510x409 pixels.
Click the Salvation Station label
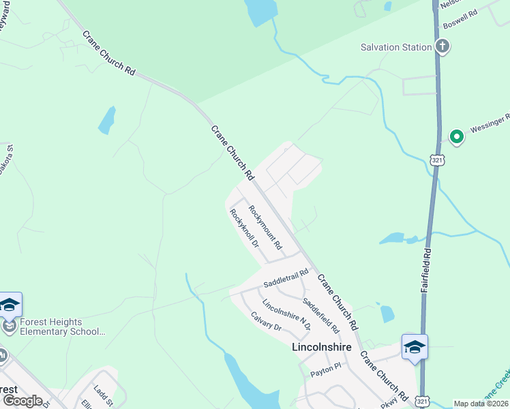point(396,47)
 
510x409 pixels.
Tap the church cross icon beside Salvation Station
point(442,47)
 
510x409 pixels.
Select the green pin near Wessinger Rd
point(456,136)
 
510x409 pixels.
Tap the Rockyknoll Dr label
point(245,228)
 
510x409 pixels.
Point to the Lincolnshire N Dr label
point(286,314)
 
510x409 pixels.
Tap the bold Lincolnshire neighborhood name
point(321,347)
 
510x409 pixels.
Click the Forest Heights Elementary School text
point(61,327)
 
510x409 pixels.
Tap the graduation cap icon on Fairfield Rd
point(415,347)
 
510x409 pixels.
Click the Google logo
point(22,400)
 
